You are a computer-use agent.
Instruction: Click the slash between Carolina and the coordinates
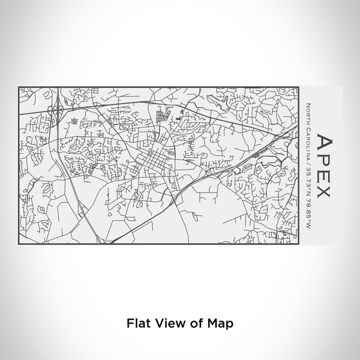[x=307, y=163]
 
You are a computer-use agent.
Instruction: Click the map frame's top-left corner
[x=19, y=87]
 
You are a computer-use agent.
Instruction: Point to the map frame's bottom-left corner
[x=19, y=244]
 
